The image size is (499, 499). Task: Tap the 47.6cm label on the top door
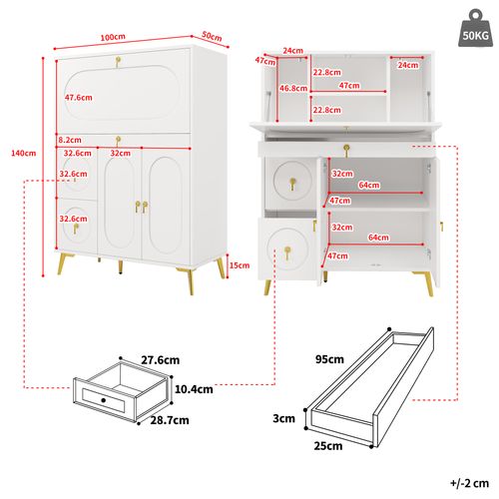click(x=79, y=98)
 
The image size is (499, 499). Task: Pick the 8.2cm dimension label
click(x=70, y=141)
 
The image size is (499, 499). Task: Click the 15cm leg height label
click(x=239, y=265)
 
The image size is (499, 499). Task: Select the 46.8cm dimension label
click(x=293, y=89)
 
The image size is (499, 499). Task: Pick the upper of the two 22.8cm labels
click(x=324, y=72)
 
